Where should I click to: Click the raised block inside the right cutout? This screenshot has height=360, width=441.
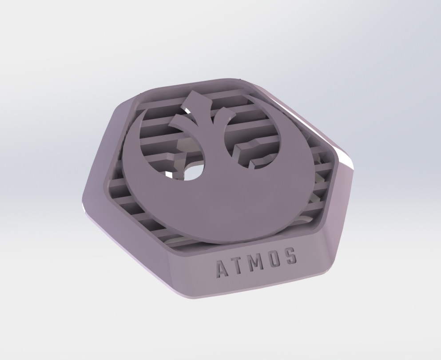[246, 151]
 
